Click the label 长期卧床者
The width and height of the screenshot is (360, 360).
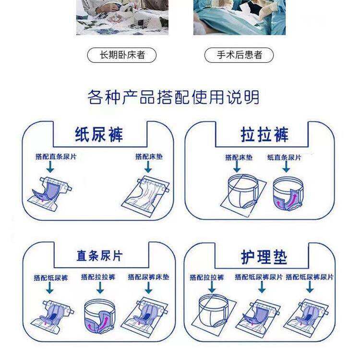pos(122,55)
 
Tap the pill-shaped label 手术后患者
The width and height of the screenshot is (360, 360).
pos(239,55)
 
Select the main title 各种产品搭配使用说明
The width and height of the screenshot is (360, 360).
pos(174,97)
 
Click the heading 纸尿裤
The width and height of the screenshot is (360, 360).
pos(99,134)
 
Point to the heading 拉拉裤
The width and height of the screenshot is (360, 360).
pos(264,135)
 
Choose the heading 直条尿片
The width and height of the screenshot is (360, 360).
pos(99,256)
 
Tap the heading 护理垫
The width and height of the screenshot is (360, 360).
pos(264,257)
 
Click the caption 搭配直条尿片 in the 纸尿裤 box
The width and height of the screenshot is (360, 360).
pos(56,157)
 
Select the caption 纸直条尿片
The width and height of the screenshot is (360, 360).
pos(284,157)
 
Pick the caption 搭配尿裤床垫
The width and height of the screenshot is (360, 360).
pos(148,277)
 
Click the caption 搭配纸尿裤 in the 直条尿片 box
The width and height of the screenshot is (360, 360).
pos(51,278)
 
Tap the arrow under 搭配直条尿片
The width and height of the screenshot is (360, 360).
pos(50,167)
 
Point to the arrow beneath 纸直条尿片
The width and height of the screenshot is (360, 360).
pos(286,167)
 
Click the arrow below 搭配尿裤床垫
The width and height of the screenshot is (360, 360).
pos(148,288)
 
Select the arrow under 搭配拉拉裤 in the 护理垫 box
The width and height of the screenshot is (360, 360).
pos(212,287)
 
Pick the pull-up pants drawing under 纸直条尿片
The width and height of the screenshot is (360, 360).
pos(288,193)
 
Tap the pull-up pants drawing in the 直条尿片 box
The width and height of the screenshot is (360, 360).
pos(100,316)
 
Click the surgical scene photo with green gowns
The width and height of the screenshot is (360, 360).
pos(240,17)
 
